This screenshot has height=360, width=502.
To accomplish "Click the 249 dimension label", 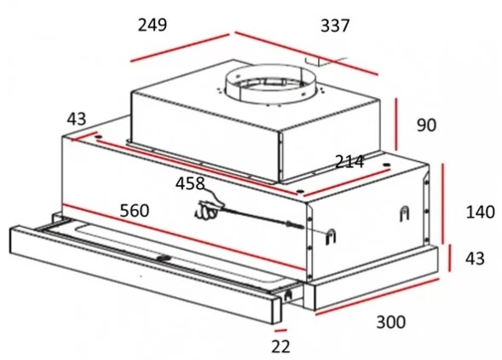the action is click(x=153, y=25).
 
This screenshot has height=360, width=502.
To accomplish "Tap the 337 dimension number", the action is click(x=335, y=26).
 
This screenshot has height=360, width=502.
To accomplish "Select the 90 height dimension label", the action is click(x=426, y=125).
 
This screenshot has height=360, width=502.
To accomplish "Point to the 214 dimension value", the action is click(x=349, y=161).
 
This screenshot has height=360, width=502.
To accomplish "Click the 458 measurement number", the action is click(x=190, y=183).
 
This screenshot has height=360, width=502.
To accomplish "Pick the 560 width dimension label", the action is click(x=135, y=211).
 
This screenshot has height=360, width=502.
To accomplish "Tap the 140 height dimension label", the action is click(x=480, y=212).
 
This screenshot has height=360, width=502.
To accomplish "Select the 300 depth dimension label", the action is click(x=391, y=322).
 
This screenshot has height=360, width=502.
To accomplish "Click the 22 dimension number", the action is click(x=280, y=346).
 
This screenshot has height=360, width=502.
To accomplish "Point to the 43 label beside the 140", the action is click(x=475, y=258).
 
